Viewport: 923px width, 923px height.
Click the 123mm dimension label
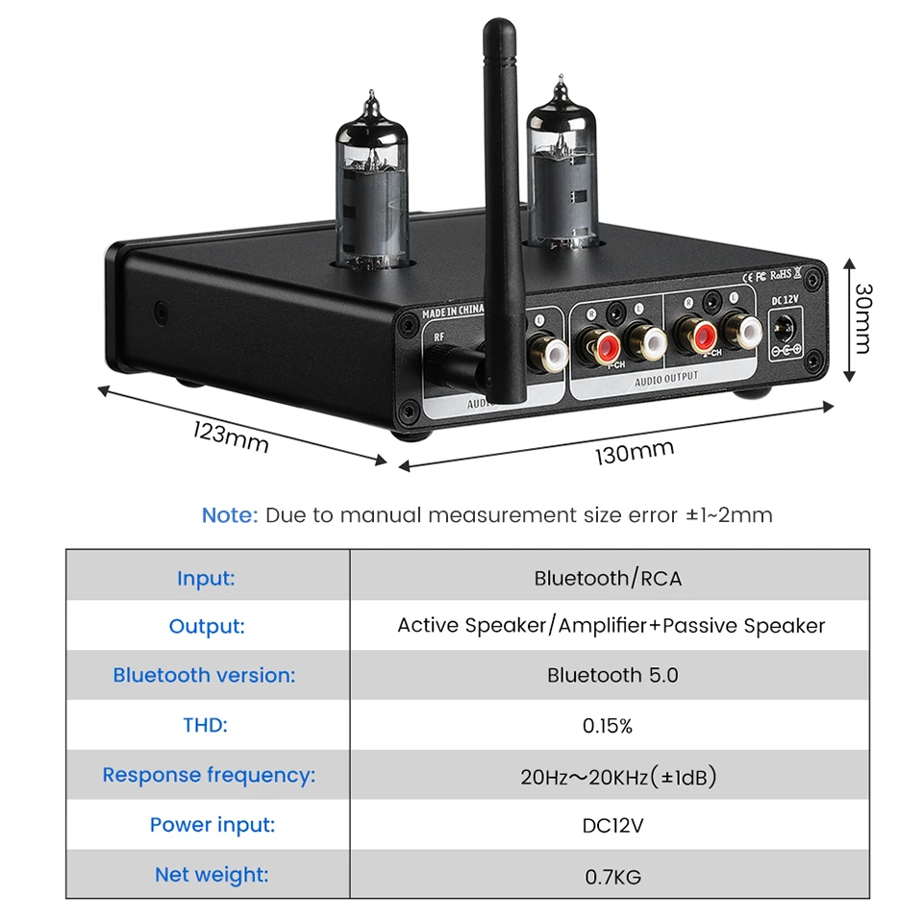pyautogui.click(x=231, y=437)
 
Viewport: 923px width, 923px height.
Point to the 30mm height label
pyautogui.click(x=862, y=317)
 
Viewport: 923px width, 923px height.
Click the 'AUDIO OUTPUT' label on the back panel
pyautogui.click(x=667, y=378)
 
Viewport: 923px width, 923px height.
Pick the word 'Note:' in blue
pyautogui.click(x=230, y=515)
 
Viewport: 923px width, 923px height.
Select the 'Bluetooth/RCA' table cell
pyautogui.click(x=609, y=579)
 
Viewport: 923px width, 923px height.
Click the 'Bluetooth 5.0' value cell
pyautogui.click(x=612, y=675)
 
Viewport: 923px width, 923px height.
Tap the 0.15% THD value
pyautogui.click(x=608, y=726)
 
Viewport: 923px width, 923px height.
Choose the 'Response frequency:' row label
pyautogui.click(x=209, y=775)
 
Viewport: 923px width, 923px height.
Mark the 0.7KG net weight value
pyautogui.click(x=612, y=876)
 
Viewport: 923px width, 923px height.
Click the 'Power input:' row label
pyautogui.click(x=212, y=825)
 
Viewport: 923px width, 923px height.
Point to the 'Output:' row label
pyautogui.click(x=207, y=627)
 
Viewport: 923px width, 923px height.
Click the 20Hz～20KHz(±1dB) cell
pyautogui.click(x=618, y=777)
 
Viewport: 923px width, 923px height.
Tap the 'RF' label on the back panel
pyautogui.click(x=439, y=337)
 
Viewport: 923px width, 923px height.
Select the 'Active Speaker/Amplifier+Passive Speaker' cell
pyautogui.click(x=611, y=626)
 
